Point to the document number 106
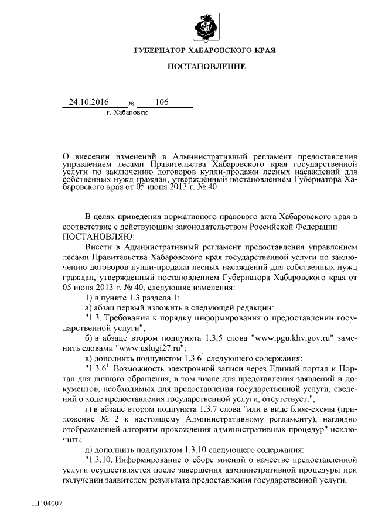[162, 102]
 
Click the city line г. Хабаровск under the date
[127, 111]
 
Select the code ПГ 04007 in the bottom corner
[46, 504]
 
